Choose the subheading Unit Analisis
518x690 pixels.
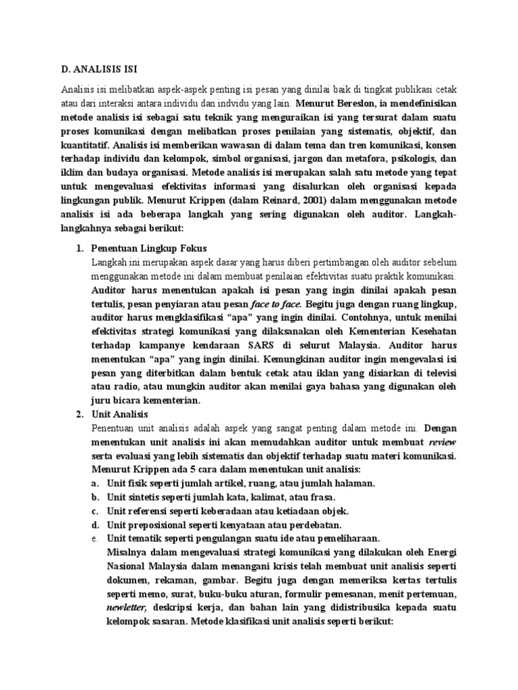point(119,413)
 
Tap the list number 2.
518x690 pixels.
point(78,413)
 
